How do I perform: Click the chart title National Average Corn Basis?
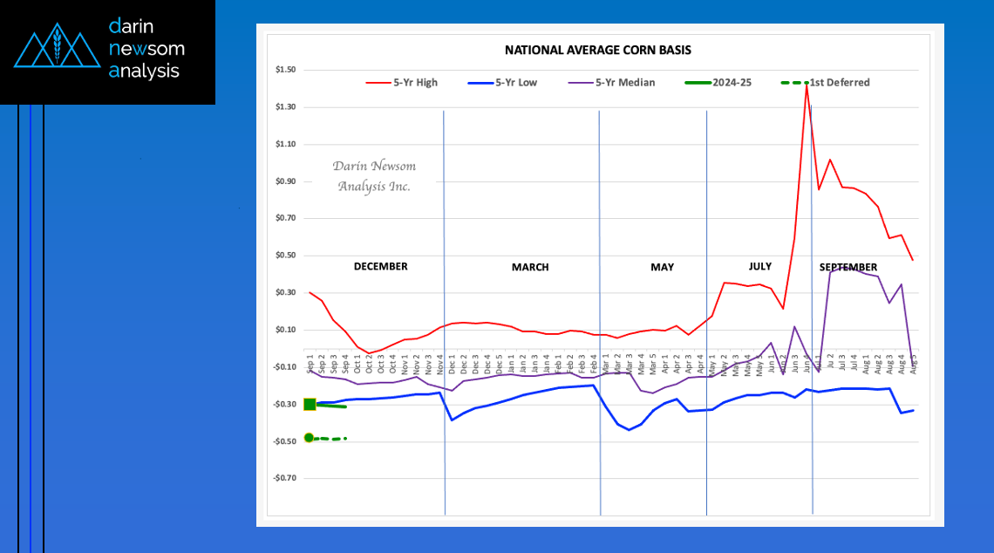coord(597,51)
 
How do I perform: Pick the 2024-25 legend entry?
coord(732,83)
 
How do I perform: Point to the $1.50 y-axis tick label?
coord(285,70)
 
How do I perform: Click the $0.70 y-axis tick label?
coord(285,219)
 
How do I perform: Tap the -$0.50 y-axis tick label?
coord(284,441)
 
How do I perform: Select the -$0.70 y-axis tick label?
coord(284,478)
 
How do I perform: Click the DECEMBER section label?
coord(380,266)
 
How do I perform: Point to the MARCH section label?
coord(530,267)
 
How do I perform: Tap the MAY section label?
coord(662,267)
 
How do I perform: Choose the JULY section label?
coord(759,265)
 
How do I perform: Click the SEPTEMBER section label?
coord(848,267)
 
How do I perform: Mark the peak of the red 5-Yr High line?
coord(807,83)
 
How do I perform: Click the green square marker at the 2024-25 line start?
coord(310,404)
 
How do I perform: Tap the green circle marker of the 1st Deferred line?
coord(309,438)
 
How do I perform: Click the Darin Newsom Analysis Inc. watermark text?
coord(374,176)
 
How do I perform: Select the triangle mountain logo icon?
coord(58,51)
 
